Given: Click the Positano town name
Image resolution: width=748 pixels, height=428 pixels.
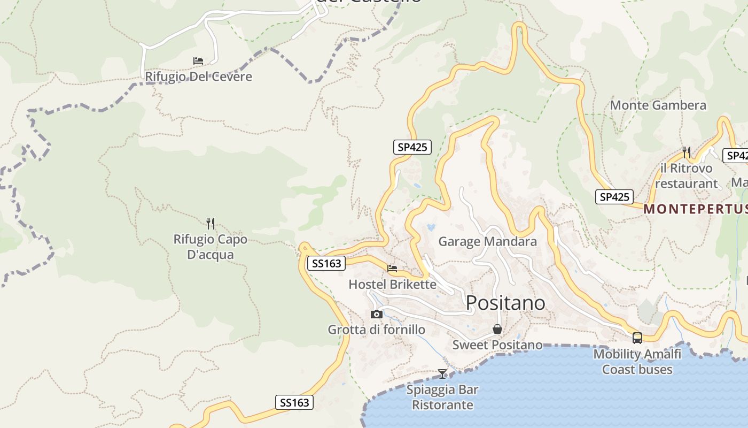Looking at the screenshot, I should [505, 303].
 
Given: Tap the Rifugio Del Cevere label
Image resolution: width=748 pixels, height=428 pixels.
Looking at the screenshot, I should [198, 77].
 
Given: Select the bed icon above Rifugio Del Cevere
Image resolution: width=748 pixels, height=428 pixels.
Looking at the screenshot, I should [198, 61].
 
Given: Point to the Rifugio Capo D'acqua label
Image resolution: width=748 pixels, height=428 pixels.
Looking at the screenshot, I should [211, 247].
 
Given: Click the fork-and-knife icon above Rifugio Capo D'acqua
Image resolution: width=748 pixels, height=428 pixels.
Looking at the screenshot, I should [211, 224].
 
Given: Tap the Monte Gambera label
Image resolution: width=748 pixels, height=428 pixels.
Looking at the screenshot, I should [658, 105].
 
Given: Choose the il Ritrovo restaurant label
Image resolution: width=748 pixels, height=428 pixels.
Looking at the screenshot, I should [686, 175].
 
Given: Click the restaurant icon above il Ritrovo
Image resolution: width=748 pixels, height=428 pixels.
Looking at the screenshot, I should [687, 152].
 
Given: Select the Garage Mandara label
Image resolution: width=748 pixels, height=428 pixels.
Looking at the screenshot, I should [487, 241].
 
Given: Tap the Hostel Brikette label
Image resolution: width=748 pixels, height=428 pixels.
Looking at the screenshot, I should [392, 284].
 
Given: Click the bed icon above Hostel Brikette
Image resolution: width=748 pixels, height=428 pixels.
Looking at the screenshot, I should [392, 269].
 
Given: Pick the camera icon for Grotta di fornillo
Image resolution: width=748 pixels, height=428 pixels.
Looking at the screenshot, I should [377, 314].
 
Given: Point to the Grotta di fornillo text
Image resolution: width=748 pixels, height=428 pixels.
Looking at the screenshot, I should [377, 330].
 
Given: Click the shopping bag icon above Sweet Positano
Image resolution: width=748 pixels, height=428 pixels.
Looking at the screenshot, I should [497, 329].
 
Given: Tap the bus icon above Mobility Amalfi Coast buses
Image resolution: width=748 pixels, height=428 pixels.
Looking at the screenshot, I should [637, 338].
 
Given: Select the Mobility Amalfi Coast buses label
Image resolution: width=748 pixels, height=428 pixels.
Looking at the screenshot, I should [637, 362].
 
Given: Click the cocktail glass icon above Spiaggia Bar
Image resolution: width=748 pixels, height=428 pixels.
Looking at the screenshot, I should [442, 373].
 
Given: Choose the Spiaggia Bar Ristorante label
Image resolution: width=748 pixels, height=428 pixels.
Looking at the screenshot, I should [442, 397].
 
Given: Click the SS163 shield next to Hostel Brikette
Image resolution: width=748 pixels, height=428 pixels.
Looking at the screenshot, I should [326, 263].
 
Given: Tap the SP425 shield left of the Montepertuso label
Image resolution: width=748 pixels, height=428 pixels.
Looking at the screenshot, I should [614, 197].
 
